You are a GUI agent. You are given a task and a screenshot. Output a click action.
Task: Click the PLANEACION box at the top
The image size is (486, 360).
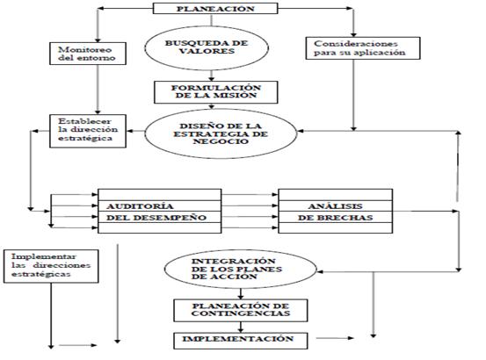215,9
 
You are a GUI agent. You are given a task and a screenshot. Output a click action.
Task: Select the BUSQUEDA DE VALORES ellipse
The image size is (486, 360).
207,48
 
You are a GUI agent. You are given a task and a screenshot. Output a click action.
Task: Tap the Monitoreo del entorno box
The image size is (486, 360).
88,54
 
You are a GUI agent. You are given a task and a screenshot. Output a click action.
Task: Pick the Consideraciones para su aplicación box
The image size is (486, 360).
363,48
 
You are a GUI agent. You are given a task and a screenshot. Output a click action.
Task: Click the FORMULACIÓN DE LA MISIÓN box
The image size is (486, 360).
216,92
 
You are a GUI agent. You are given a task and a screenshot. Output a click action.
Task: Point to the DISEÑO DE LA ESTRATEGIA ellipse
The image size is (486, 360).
221,133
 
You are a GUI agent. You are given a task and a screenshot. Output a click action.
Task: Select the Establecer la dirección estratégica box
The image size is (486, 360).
88,131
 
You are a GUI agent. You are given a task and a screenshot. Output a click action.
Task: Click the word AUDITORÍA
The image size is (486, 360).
140,206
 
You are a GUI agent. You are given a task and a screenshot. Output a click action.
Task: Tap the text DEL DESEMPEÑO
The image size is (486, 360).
156,218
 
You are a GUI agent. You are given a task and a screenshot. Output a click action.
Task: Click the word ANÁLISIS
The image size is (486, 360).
336,206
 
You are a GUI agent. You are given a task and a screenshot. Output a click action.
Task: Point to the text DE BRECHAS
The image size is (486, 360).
336,218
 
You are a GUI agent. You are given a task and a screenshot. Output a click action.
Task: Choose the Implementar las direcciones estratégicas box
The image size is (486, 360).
51,266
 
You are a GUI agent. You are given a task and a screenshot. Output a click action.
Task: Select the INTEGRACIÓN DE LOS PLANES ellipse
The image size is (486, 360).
241,269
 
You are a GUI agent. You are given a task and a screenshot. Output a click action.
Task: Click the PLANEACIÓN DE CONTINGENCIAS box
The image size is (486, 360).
241,310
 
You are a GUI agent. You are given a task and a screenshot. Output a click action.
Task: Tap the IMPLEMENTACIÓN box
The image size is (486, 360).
241,341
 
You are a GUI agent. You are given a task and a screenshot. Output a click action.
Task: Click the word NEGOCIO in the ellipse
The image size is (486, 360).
221,141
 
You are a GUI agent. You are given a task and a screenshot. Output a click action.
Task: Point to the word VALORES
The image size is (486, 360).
207,51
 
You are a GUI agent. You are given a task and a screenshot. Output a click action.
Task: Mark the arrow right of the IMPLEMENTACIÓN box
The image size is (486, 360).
335,338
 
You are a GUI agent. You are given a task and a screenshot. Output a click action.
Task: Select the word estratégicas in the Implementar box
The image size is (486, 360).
41,274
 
